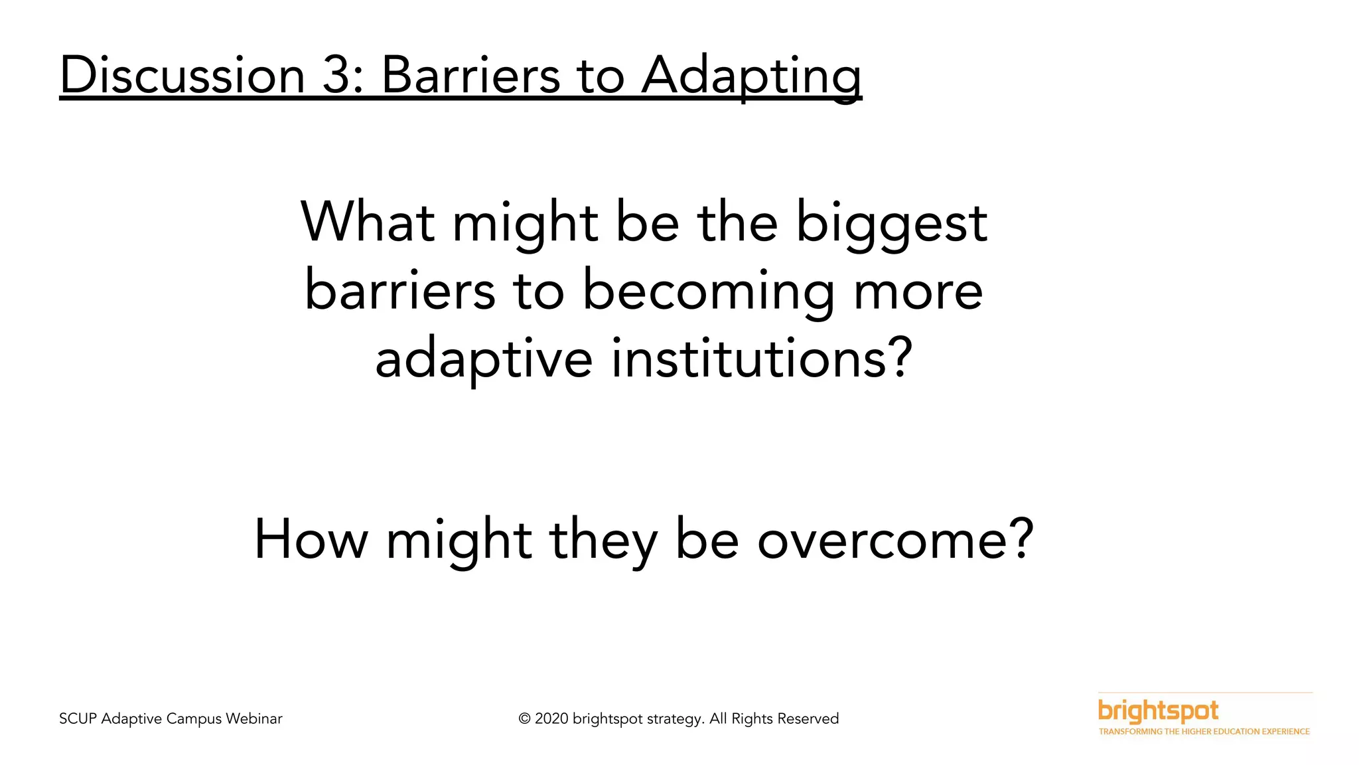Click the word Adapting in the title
[x=751, y=76]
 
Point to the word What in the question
[x=368, y=222]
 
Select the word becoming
[x=708, y=292]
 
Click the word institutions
[x=761, y=359]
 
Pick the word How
[x=311, y=539]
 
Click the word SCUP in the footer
[x=78, y=719]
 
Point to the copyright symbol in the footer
[x=524, y=719]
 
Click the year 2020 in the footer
[x=551, y=719]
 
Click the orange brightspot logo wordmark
[x=1158, y=711]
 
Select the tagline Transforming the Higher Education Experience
[x=1204, y=731]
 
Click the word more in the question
[x=918, y=292]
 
